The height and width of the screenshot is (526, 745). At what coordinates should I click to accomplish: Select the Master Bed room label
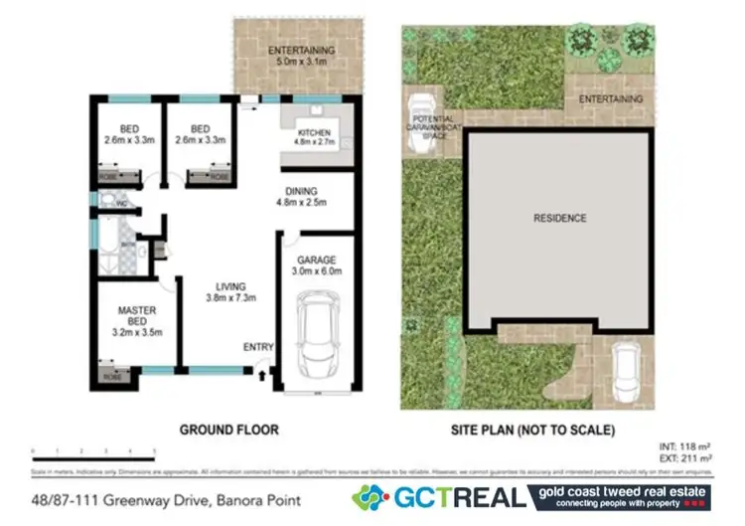point(136,320)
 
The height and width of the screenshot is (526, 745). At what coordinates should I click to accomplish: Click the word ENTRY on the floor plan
point(257,347)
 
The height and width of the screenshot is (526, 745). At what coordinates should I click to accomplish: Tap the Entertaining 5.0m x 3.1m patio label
point(301,56)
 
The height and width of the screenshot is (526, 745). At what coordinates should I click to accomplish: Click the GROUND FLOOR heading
point(228,431)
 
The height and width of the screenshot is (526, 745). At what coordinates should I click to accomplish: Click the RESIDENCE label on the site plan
point(559,218)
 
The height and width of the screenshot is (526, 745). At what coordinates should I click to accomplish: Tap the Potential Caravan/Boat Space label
point(430,128)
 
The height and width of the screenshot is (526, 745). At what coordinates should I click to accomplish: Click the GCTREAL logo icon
point(371,497)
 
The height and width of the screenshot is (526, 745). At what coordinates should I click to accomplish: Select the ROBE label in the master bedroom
point(107,377)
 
